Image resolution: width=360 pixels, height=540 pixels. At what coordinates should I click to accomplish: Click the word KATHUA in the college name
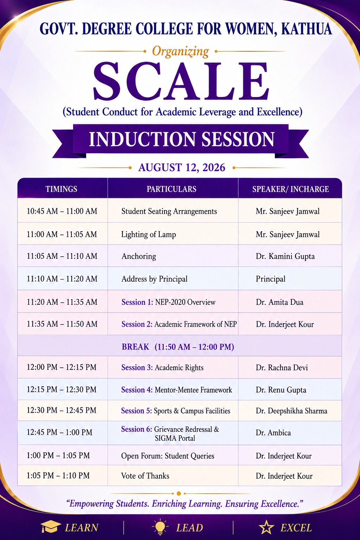(307, 29)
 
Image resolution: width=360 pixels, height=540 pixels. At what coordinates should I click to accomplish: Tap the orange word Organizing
(180, 52)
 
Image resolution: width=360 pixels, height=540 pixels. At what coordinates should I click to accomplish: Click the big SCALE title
(181, 82)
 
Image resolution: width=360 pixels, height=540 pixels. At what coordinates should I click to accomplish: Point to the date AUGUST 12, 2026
(182, 168)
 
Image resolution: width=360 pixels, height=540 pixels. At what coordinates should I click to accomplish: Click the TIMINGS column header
(62, 189)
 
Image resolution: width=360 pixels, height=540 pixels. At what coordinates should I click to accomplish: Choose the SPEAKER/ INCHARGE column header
(290, 189)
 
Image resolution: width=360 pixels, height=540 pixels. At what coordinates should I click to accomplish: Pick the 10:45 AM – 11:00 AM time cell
(62, 211)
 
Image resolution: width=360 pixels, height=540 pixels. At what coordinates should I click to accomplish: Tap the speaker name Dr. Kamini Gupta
(285, 256)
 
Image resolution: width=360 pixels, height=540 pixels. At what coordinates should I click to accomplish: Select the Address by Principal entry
(154, 279)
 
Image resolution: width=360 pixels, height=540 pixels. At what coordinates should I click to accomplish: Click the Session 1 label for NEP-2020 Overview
(137, 302)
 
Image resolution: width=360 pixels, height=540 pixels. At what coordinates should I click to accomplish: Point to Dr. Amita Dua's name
(280, 302)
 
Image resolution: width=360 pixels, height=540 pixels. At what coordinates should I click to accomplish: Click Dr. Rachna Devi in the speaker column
(282, 368)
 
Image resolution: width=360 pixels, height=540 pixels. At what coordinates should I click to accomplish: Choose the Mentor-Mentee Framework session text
(193, 390)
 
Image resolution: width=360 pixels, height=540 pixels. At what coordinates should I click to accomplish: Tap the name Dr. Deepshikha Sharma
(291, 411)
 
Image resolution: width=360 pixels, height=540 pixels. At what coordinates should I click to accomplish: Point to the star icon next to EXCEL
(266, 527)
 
